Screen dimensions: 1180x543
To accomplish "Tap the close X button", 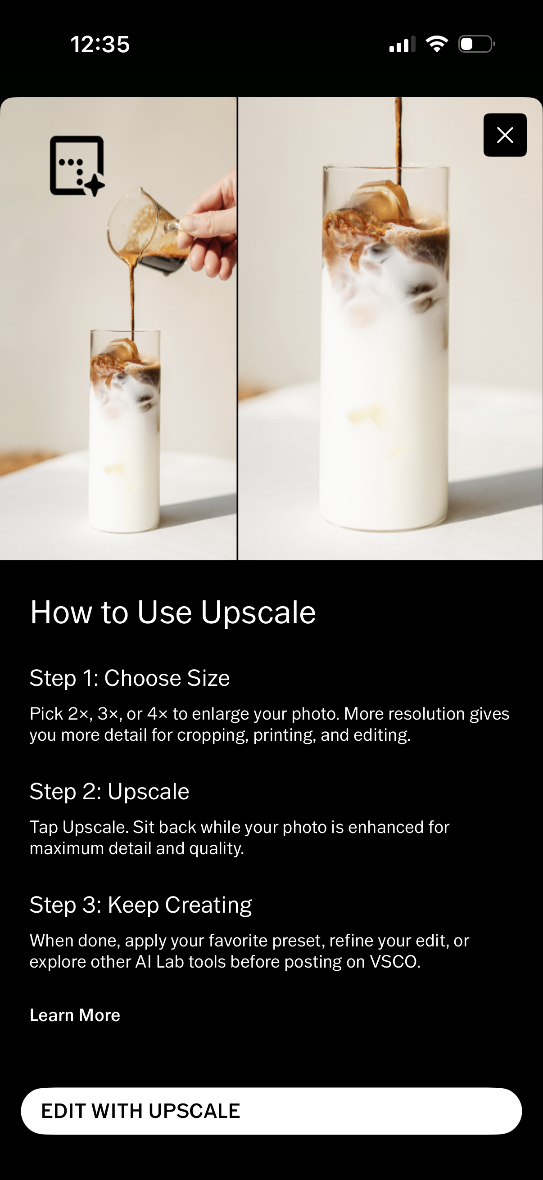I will point(505,135).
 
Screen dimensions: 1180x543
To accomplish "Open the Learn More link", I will point(75,1015).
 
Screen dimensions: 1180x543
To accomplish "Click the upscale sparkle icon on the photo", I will point(77,166).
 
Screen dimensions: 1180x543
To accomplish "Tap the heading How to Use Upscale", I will point(173,613).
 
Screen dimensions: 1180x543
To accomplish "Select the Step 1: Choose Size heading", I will point(129,678).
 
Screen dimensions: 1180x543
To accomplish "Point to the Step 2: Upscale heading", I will point(109,792).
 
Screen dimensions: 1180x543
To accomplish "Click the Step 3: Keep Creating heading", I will point(140,905).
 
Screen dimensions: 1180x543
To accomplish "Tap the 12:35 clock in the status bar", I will point(100,45).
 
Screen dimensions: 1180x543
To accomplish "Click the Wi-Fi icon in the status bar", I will point(436,44).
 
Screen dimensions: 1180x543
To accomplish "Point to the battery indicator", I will point(476,44).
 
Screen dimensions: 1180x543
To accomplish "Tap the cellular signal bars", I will point(402,45).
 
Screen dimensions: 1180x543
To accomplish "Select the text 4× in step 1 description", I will point(157,714).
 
